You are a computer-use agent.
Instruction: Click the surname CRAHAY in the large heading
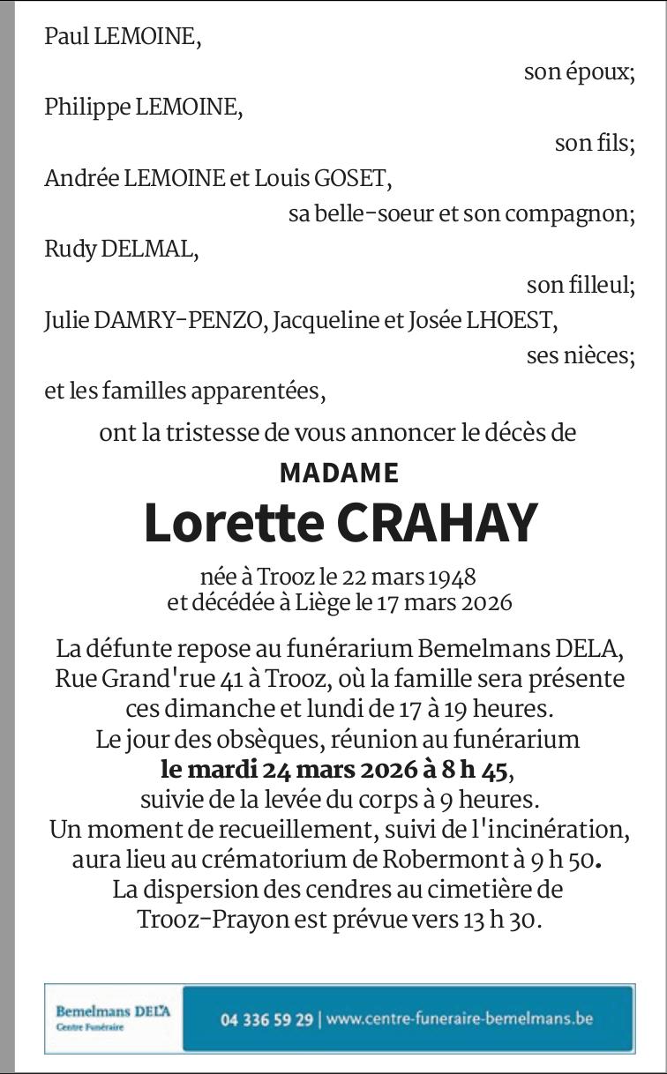[436, 523]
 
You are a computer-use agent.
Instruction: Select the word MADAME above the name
[339, 474]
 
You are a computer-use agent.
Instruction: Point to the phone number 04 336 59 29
[266, 1019]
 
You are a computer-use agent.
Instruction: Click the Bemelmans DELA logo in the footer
[113, 1016]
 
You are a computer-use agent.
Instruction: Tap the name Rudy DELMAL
[121, 250]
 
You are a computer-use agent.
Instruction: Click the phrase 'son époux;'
[579, 72]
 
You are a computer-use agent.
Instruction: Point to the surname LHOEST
[513, 321]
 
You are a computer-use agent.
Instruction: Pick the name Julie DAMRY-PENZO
[154, 321]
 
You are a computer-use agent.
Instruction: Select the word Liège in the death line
[321, 604]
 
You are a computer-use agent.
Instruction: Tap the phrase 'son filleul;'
[581, 285]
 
